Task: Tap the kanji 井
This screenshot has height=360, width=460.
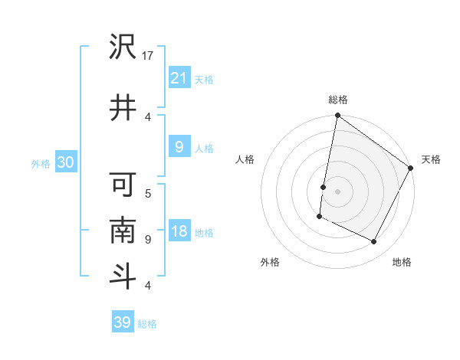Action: [x=123, y=107]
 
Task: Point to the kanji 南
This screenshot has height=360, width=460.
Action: [x=123, y=230]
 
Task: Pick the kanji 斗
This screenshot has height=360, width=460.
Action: [x=123, y=276]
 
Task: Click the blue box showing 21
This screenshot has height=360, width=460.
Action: [x=179, y=77]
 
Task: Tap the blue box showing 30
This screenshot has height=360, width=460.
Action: [x=66, y=163]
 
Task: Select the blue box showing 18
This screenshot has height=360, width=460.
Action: [x=179, y=232]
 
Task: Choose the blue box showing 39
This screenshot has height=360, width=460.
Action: [x=123, y=322]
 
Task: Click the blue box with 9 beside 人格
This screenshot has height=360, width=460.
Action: [x=179, y=148]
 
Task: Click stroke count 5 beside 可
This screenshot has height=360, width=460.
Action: [x=148, y=192]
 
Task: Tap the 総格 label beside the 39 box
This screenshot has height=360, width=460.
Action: [x=147, y=324]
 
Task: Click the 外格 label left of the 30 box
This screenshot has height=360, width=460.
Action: [x=41, y=164]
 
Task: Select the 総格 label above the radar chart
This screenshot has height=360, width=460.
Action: [x=337, y=100]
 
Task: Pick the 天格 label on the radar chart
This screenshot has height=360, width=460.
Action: [x=431, y=159]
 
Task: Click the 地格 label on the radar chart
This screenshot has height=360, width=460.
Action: [x=402, y=263]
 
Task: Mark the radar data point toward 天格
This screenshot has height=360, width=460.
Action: [x=411, y=168]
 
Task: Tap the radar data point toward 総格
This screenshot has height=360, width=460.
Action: [x=337, y=116]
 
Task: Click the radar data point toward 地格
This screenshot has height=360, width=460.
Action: [x=374, y=242]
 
